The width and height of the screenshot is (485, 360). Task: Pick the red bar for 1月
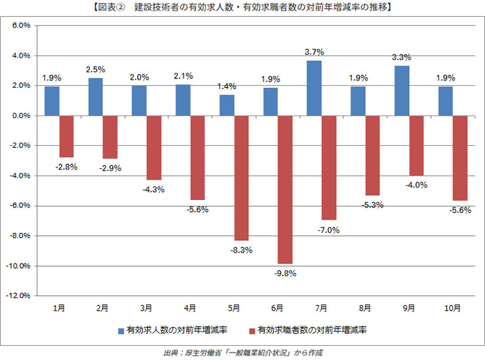66,136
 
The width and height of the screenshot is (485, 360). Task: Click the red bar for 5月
241,178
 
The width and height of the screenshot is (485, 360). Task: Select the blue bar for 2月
95,97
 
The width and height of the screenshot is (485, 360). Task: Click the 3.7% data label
315,51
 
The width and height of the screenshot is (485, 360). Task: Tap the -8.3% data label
242,251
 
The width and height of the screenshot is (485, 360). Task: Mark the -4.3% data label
154,190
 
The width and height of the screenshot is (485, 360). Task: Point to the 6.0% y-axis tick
21,26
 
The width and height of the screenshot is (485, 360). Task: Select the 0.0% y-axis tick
21,115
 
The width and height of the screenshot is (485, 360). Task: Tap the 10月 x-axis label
453,308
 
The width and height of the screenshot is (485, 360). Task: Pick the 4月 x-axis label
190,308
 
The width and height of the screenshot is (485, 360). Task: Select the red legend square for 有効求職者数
252,332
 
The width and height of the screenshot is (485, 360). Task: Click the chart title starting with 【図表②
242,8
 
